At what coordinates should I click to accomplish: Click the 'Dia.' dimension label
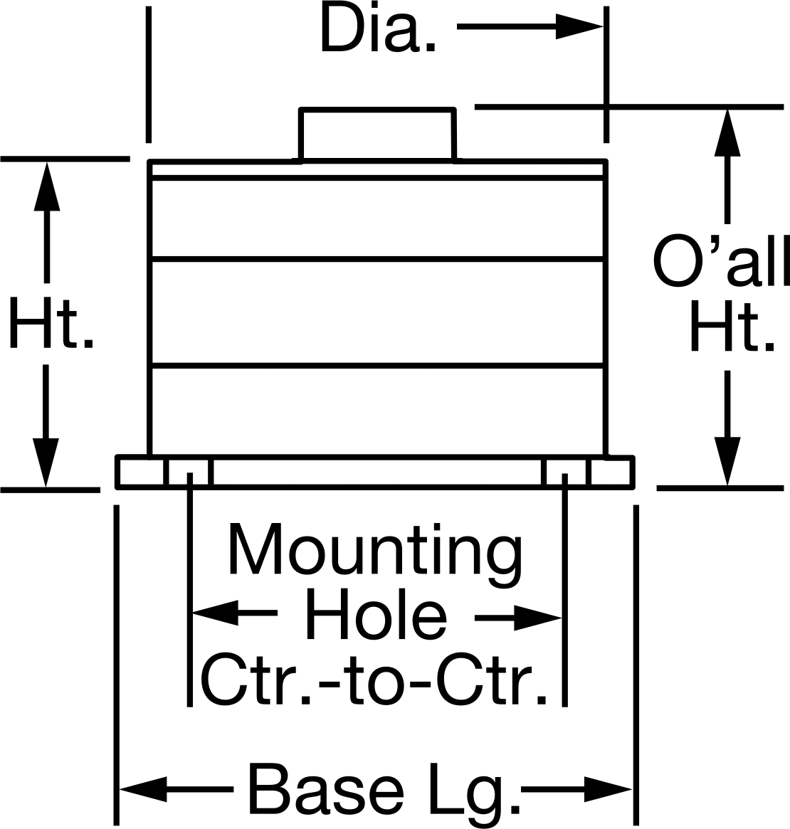pyautogui.click(x=378, y=30)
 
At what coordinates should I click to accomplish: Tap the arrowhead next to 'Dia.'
pyautogui.click(x=579, y=26)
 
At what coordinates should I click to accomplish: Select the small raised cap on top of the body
pyautogui.click(x=377, y=134)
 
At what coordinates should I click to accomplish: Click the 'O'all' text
pyautogui.click(x=721, y=261)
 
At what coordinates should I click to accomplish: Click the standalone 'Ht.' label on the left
pyautogui.click(x=51, y=322)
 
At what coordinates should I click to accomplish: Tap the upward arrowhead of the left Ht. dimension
pyautogui.click(x=46, y=186)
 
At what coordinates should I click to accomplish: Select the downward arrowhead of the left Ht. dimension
pyautogui.click(x=46, y=462)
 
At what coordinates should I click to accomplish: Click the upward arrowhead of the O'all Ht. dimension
pyautogui.click(x=727, y=132)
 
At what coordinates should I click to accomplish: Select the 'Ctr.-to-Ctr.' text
pyautogui.click(x=374, y=680)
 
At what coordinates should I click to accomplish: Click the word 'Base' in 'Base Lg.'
pyautogui.click(x=326, y=788)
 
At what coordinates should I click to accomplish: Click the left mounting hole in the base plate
pyautogui.click(x=190, y=472)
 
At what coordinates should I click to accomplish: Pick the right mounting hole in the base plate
pyautogui.click(x=564, y=472)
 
